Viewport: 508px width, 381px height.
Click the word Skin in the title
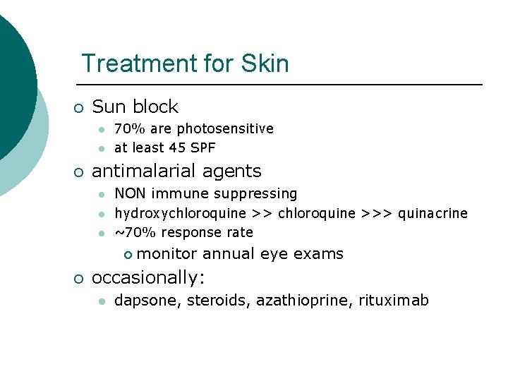coord(265,64)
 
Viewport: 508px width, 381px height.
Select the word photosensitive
coord(225,129)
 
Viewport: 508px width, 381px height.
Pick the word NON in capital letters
coord(128,193)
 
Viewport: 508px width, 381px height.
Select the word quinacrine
coord(433,213)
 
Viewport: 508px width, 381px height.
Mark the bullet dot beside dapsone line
coord(102,301)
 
